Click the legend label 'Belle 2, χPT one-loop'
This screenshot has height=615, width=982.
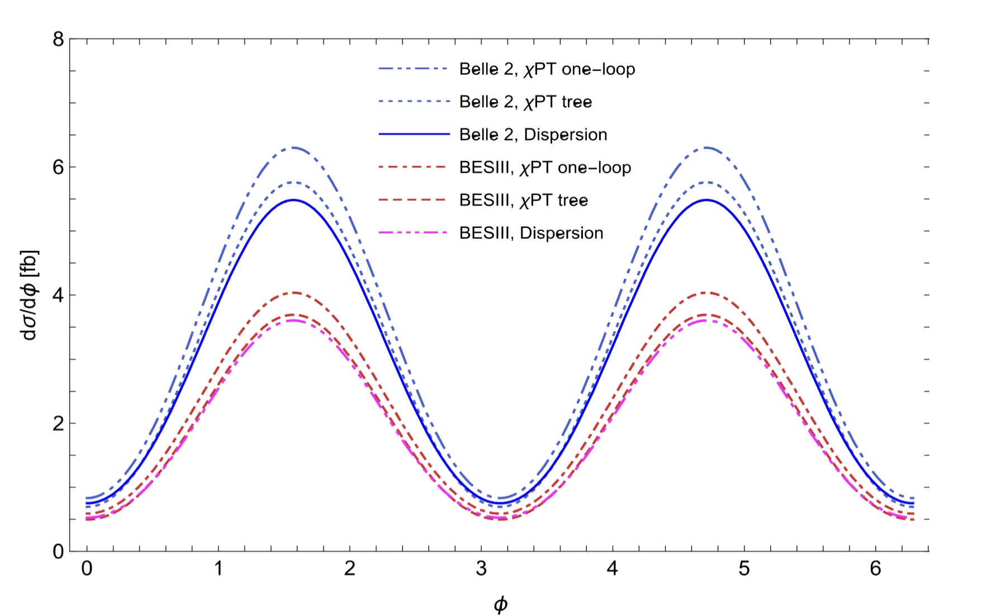point(547,69)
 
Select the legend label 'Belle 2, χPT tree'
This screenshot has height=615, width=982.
point(525,102)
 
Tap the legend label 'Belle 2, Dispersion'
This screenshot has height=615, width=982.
point(533,135)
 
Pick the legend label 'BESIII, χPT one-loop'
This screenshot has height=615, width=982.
point(545,168)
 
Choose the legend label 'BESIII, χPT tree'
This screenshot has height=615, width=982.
point(523,200)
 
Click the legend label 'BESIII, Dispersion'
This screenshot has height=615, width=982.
point(531,233)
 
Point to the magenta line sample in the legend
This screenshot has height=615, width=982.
point(413,233)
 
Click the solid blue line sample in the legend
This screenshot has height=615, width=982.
point(413,135)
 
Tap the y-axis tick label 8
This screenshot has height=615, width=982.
point(58,40)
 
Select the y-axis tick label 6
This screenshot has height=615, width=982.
point(58,168)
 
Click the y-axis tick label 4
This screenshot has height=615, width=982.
point(58,295)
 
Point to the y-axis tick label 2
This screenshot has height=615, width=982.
point(58,423)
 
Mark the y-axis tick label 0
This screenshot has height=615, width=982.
point(58,551)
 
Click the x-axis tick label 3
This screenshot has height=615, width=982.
point(481,569)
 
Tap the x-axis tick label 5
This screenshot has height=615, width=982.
point(744,569)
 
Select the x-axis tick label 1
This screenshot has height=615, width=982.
point(218,569)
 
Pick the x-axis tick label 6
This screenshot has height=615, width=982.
point(875,569)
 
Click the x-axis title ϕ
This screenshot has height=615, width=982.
point(500,604)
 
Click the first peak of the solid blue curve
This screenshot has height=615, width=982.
point(293,200)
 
